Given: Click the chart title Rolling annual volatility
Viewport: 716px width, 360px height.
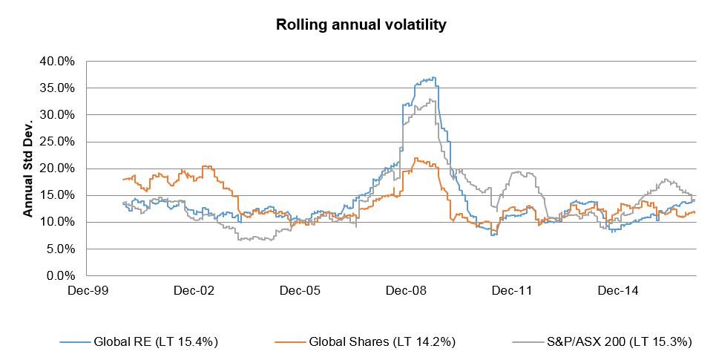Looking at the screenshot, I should [x=361, y=24].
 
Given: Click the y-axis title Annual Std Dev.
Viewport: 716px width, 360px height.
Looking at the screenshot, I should [x=28, y=168].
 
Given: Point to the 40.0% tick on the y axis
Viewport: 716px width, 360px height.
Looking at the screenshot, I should [x=56, y=61].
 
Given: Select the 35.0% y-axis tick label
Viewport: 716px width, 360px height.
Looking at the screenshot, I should [x=56, y=88].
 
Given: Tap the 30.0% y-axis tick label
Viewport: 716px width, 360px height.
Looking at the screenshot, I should [x=56, y=114].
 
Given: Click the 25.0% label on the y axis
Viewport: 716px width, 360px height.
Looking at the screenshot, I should [x=56, y=142].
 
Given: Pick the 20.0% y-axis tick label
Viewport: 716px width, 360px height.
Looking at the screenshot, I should [x=56, y=168].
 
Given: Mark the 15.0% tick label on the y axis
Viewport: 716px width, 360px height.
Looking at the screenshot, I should [x=56, y=195].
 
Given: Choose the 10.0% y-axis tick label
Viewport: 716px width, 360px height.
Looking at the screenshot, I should [x=56, y=222].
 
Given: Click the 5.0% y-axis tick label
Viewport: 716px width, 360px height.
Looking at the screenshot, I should [x=59, y=249].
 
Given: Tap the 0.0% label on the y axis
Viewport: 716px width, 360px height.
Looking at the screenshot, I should [x=59, y=276].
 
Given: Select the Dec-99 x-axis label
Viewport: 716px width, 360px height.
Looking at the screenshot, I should [x=87, y=291].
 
